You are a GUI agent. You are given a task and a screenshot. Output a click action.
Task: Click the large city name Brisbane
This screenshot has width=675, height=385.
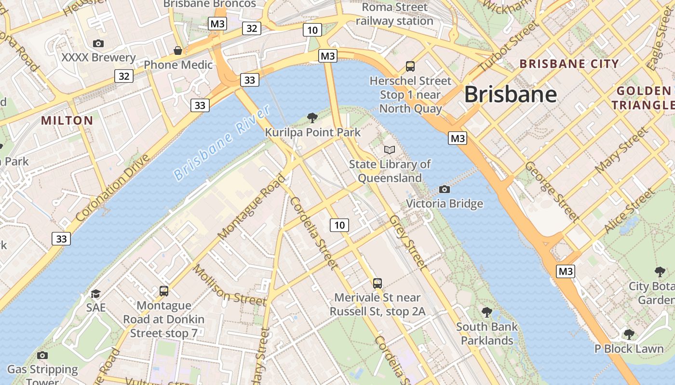point(510,94)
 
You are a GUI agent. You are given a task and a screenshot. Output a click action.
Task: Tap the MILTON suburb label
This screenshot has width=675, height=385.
point(67,120)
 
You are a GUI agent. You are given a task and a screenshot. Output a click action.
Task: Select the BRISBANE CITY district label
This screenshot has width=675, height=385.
point(569,64)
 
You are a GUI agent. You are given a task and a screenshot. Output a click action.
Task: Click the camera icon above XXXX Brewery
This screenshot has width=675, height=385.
point(98,44)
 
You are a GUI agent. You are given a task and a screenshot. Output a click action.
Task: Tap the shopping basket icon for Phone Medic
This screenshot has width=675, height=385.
point(178,51)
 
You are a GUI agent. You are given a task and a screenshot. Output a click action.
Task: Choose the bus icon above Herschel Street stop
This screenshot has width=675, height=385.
point(410,66)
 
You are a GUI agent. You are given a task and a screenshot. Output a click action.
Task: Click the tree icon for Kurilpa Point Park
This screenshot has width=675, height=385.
point(312,117)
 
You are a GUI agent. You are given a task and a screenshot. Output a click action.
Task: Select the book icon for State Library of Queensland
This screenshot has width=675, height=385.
point(390,150)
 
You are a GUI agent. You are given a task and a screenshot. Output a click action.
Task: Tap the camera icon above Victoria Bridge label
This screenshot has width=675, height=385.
point(445,189)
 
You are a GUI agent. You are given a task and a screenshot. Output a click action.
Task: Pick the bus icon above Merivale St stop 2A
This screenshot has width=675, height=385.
point(378,283)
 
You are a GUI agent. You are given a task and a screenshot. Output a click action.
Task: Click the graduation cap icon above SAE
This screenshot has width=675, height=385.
point(96,294)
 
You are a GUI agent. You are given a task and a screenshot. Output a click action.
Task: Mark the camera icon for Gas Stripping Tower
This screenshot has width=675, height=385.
point(42,355)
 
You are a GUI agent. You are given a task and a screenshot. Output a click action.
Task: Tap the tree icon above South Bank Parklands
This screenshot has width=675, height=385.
point(487,312)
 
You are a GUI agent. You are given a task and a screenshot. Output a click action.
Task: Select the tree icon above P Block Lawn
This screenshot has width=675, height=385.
point(629,334)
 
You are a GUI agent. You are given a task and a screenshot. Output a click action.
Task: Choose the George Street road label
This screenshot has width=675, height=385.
point(552,192)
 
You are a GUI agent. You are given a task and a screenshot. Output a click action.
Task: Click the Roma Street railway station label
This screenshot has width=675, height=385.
point(394,14)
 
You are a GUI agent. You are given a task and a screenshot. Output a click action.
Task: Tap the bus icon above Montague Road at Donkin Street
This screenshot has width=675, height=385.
point(164,291)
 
